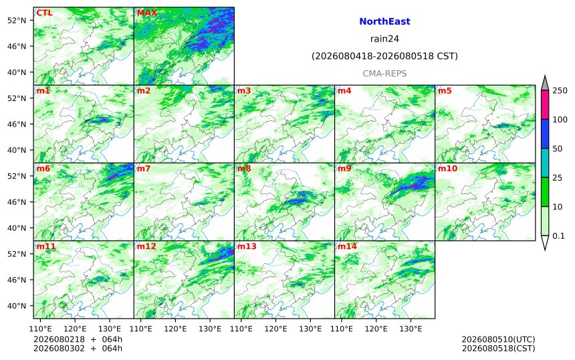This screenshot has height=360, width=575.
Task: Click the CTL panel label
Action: point(44,13)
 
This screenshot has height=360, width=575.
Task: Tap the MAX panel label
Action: point(147,13)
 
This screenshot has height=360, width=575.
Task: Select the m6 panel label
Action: point(43,169)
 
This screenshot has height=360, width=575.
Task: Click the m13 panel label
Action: point(247,246)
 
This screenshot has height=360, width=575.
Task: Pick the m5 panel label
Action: point(445,90)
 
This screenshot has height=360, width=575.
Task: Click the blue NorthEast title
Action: point(384,21)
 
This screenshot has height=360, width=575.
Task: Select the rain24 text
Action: point(384,39)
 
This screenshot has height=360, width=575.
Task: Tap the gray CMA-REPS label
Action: point(384,74)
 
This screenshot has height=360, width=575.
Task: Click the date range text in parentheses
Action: point(384,56)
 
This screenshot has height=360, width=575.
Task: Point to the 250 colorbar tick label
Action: point(560,90)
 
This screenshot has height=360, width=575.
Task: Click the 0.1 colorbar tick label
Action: point(558,236)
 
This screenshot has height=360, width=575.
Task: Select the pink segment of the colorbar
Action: point(545,104)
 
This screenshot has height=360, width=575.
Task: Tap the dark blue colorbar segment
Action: point(545,134)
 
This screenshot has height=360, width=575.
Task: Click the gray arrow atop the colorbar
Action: point(545,83)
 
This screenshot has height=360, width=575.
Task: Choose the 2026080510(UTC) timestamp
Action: point(498,339)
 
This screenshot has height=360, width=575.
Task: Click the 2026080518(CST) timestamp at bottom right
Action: point(498,348)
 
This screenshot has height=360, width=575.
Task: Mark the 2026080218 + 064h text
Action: point(78,339)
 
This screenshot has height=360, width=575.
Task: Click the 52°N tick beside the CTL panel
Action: point(17,20)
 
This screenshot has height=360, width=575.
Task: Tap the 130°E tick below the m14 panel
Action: point(411,329)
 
